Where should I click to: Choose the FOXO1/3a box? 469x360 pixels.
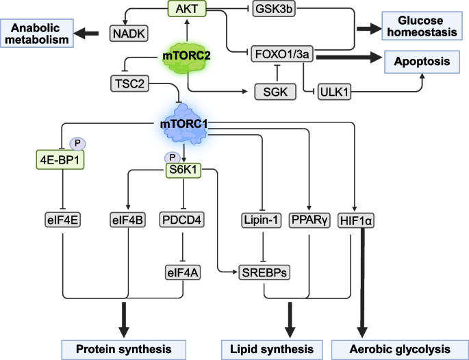click(x=281, y=53)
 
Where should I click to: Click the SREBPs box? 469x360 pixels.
click(x=263, y=272)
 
